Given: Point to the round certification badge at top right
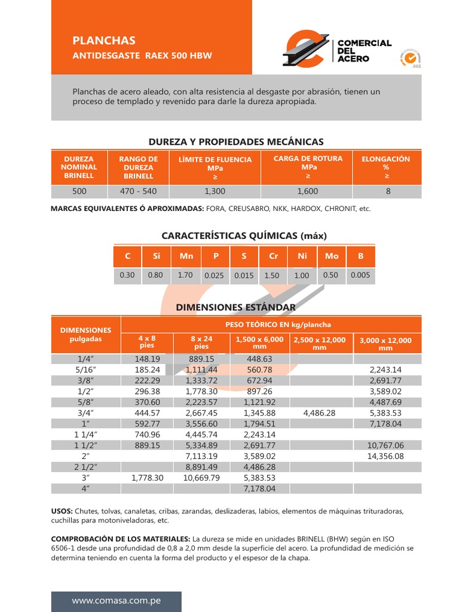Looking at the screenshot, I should click(x=411, y=58).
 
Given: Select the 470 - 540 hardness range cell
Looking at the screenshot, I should click(x=138, y=191).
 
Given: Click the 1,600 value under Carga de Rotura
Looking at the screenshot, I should click(x=307, y=191).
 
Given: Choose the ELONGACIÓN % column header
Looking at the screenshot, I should click(x=386, y=167).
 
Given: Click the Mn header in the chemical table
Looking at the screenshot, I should click(x=186, y=256).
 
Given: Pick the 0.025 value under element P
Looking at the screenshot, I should click(x=214, y=276).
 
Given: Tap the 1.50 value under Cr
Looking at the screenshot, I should click(x=272, y=276).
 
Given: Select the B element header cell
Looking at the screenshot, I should click(x=360, y=256).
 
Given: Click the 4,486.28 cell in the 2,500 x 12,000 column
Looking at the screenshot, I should click(x=319, y=412).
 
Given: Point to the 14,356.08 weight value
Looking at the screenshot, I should click(x=387, y=455).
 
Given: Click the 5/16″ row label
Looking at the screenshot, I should click(x=86, y=370).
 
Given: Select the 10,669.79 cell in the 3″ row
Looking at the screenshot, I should click(x=201, y=478).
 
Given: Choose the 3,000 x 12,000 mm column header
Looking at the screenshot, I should click(x=386, y=344).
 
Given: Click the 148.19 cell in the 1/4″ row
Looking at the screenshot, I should click(x=147, y=359).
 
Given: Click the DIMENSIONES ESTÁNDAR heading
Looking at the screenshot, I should click(x=235, y=307).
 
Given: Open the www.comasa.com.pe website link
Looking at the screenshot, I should click(x=116, y=601).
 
